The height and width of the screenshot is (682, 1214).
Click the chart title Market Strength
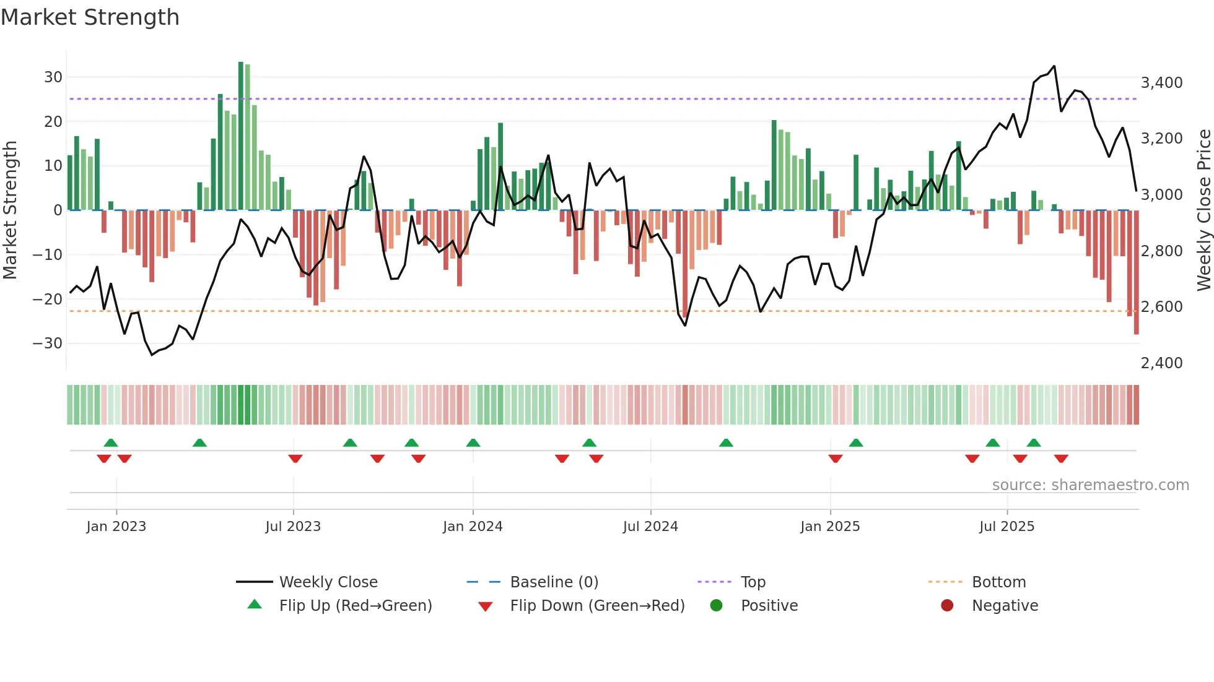pos(90,17)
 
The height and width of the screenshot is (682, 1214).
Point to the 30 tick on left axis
pos(53,77)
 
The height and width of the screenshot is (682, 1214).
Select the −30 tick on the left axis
pos(48,343)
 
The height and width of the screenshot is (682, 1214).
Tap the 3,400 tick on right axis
pos(1161,83)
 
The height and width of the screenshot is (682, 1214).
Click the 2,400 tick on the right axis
pos(1161,363)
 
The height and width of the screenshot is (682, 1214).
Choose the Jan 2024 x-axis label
pos(473,527)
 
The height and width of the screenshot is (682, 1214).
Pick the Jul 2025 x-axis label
pos(1007,527)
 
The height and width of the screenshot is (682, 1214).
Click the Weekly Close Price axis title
pos(1203,210)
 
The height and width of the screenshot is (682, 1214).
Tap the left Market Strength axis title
pos(11,210)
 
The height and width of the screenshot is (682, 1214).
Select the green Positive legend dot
pos(717,606)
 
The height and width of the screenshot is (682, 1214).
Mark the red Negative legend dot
pos(947,606)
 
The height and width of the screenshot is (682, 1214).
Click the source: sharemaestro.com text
pos(1090,485)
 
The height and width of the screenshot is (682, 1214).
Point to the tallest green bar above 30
pos(241,136)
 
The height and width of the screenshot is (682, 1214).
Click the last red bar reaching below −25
pos(1137,272)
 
